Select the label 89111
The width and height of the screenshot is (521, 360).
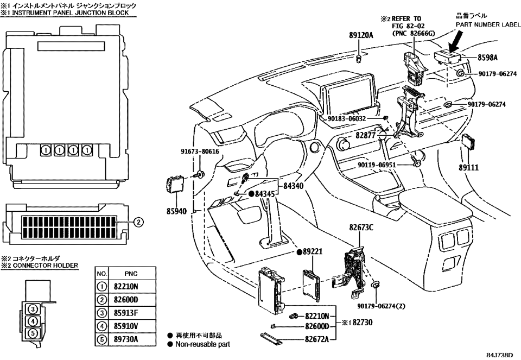pos(468,168)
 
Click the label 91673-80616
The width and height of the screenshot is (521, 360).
pos(200,152)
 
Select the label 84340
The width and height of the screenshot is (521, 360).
pos(293,186)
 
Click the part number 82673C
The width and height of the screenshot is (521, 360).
pos(361,229)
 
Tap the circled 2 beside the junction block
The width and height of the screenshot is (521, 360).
pos(138,222)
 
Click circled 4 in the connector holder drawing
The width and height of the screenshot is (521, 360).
pos(33,321)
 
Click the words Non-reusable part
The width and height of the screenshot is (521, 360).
pos(203,344)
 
